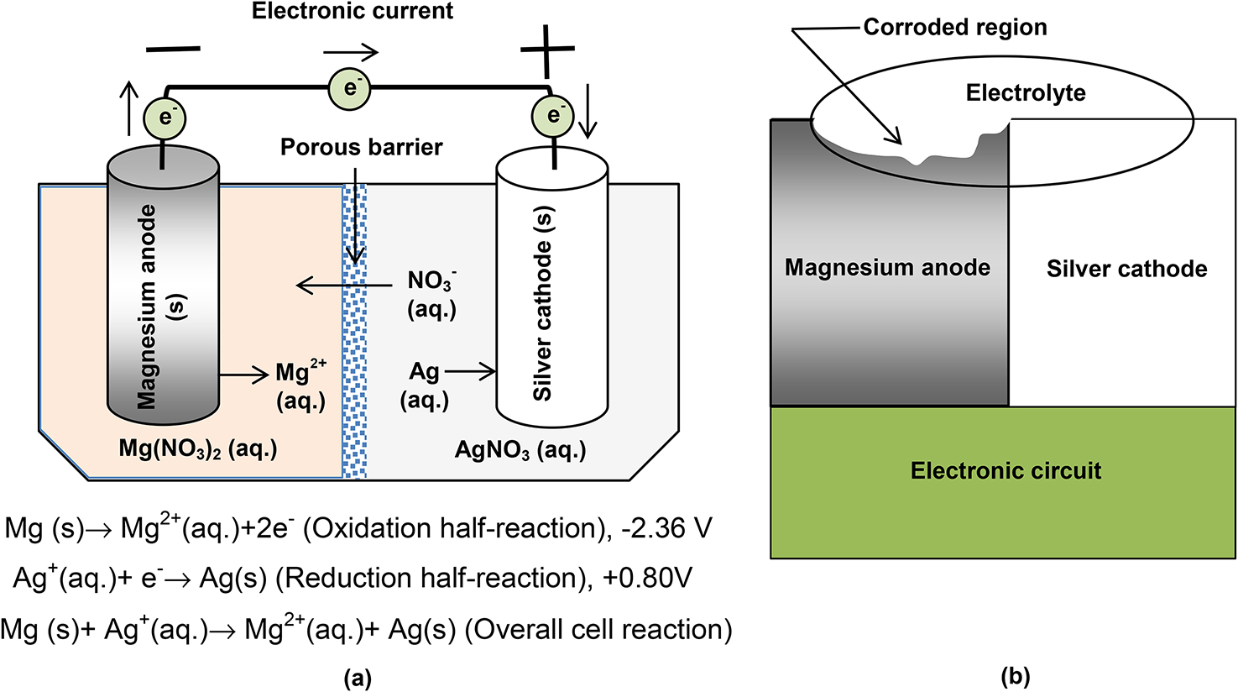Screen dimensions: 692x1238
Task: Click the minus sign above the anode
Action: pyautogui.click(x=173, y=50)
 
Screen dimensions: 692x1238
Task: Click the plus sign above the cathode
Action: pyautogui.click(x=546, y=50)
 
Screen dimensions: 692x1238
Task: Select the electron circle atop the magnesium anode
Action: pyautogui.click(x=165, y=117)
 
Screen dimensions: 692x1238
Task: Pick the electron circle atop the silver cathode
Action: pyautogui.click(x=552, y=114)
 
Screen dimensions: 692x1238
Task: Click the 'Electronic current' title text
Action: pyautogui.click(x=353, y=12)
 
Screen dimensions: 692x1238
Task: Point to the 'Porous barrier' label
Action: pyautogui.click(x=361, y=148)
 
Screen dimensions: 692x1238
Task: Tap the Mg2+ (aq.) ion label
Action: pyautogui.click(x=300, y=386)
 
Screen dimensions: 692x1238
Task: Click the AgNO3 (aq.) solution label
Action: pyautogui.click(x=520, y=451)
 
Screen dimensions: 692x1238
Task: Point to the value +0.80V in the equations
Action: pyautogui.click(x=647, y=579)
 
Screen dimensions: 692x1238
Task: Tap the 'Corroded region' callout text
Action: pyautogui.click(x=954, y=28)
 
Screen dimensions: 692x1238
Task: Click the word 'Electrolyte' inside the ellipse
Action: pyautogui.click(x=1025, y=93)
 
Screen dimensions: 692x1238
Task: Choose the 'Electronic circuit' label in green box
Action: pyautogui.click(x=1006, y=471)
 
